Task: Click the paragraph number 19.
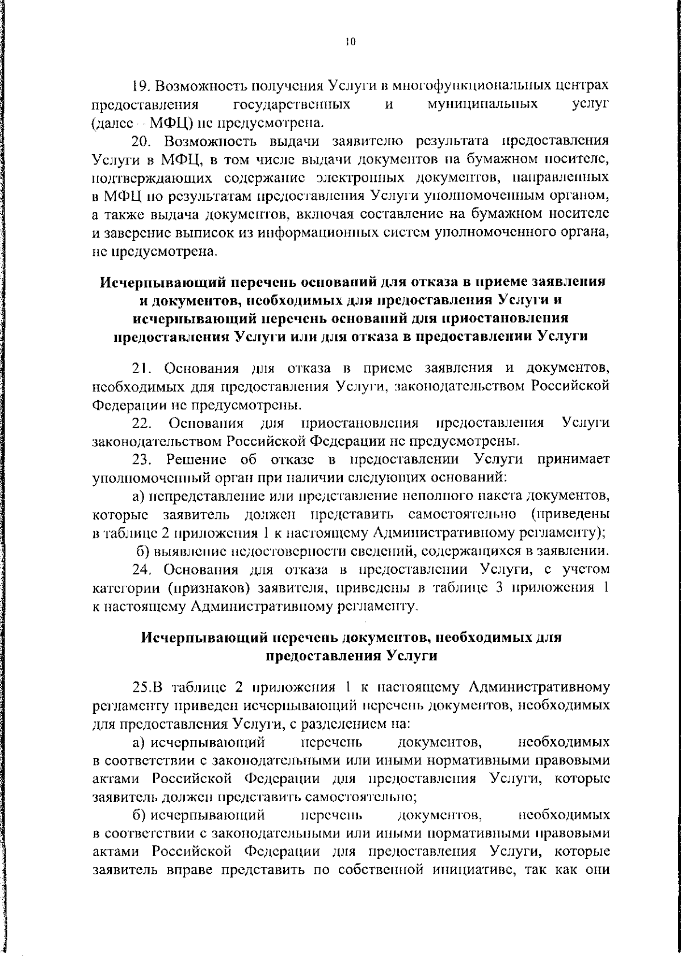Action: click(x=141, y=86)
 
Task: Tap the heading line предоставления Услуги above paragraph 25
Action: click(x=351, y=656)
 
